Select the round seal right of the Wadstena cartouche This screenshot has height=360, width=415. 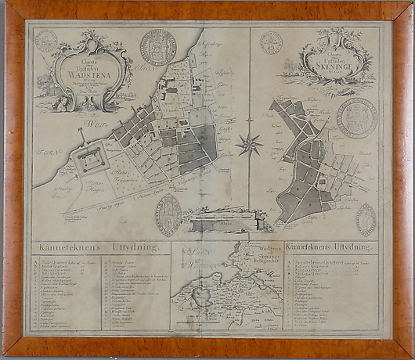point(157,47)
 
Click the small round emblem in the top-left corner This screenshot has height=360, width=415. point(46,41)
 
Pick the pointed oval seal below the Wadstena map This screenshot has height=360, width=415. point(168,214)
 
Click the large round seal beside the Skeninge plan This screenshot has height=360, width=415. point(356,117)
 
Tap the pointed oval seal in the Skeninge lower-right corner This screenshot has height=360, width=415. point(365,220)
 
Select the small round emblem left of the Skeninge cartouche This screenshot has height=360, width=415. point(271,42)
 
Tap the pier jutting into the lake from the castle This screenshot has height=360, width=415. point(81,138)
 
